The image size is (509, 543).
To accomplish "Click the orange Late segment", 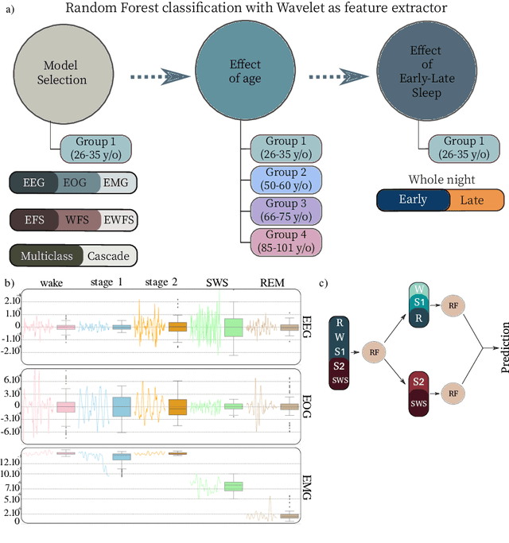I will pos(476,200).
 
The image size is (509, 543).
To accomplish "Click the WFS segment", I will pos(78,219).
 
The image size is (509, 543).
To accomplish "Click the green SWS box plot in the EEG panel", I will pos(233,327).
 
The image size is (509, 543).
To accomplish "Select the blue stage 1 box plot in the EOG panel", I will pos(122,405).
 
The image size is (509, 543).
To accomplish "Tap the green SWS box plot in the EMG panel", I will pos(233,486).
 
